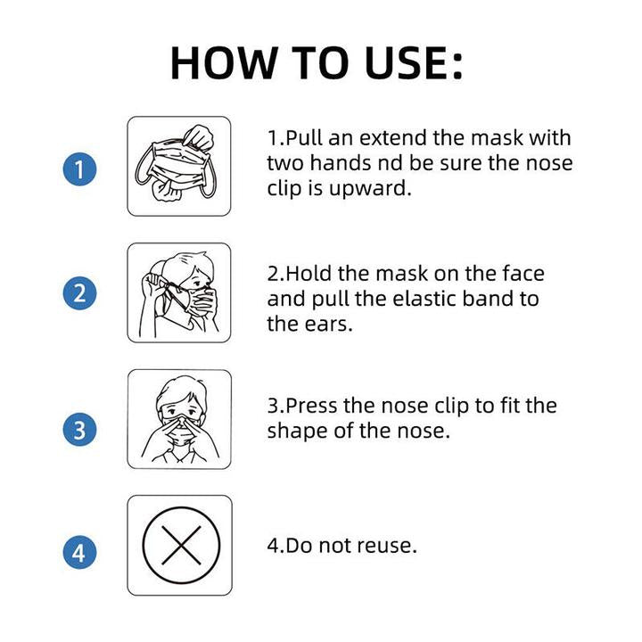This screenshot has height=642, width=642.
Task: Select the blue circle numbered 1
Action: [80, 169]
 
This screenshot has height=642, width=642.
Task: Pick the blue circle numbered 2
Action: [80, 292]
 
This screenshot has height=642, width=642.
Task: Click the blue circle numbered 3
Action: [80, 429]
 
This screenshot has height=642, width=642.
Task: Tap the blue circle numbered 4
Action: [80, 552]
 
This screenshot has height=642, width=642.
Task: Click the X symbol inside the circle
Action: [181, 546]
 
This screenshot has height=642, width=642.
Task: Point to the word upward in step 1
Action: [370, 189]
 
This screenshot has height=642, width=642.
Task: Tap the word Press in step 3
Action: [312, 406]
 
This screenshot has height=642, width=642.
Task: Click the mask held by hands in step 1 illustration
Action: [177, 161]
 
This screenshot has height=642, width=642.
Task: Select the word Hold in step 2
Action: [309, 273]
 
